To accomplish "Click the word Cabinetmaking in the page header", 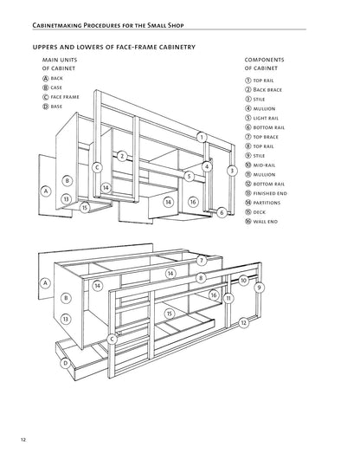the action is pyautogui.click(x=57, y=25).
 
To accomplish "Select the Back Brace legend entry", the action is pyautogui.click(x=263, y=90).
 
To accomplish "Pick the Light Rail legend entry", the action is pyautogui.click(x=261, y=118).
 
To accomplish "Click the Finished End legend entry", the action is pyautogui.click(x=266, y=193).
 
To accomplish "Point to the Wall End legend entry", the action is pyautogui.click(x=261, y=222).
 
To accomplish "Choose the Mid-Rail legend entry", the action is pyautogui.click(x=260, y=165).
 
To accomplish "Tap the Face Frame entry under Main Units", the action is pyautogui.click(x=61, y=97).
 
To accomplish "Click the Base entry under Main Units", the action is pyautogui.click(x=52, y=107).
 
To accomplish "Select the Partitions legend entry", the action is pyautogui.click(x=262, y=203).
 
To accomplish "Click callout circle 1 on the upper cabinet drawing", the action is pyautogui.click(x=202, y=138).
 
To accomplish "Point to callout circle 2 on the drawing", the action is pyautogui.click(x=122, y=156).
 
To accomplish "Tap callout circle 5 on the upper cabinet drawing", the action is pyautogui.click(x=189, y=176).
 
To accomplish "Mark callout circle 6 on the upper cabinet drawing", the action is pyautogui.click(x=222, y=212).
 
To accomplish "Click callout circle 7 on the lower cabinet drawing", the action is pyautogui.click(x=202, y=261).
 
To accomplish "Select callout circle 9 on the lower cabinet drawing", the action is pyautogui.click(x=260, y=288).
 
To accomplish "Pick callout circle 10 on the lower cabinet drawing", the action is pyautogui.click(x=243, y=281).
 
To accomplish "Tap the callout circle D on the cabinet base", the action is pyautogui.click(x=66, y=363).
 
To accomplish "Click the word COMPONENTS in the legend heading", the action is pyautogui.click(x=264, y=60).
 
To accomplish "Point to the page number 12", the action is pyautogui.click(x=23, y=440).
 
